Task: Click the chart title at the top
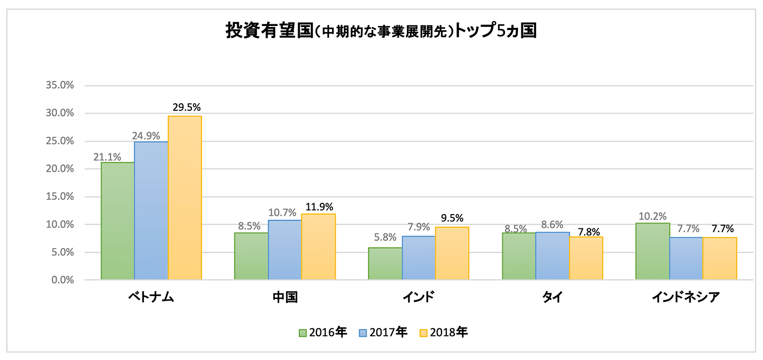(x=381, y=31)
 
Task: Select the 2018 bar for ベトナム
(x=185, y=198)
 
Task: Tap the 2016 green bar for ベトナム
(x=118, y=221)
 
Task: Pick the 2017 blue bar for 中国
(x=284, y=250)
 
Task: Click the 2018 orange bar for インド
(x=452, y=253)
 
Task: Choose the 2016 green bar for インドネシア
(x=653, y=251)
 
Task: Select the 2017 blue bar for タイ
(x=552, y=256)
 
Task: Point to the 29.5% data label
(x=187, y=107)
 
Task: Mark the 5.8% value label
(x=385, y=237)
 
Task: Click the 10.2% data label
(x=653, y=217)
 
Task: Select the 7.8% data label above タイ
(x=586, y=232)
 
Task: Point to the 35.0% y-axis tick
(x=60, y=85)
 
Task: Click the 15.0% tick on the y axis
(x=60, y=196)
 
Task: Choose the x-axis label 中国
(x=285, y=297)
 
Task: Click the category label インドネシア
(x=686, y=297)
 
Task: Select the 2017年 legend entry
(x=383, y=333)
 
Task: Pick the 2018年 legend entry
(x=443, y=333)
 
